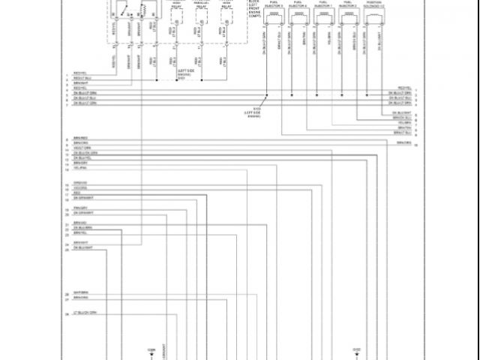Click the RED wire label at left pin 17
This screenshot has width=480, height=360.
pyautogui.click(x=76, y=192)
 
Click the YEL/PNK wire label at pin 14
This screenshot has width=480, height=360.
pyautogui.click(x=79, y=168)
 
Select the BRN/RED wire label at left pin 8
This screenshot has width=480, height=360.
pyautogui.click(x=80, y=139)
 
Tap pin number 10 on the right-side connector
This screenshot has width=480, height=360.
pyautogui.click(x=415, y=142)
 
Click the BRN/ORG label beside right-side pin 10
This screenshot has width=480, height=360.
pyautogui.click(x=403, y=142)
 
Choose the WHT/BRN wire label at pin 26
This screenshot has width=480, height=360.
pyautogui.click(x=80, y=293)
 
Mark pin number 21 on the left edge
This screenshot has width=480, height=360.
pyautogui.click(x=67, y=224)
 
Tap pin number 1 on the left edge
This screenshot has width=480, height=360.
pyautogui.click(x=67, y=73)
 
